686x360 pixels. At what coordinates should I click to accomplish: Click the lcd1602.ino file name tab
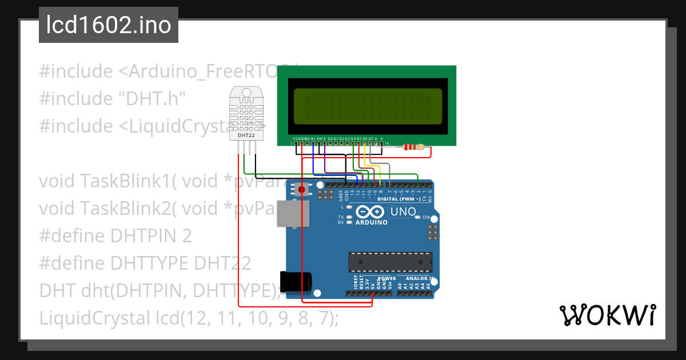109,25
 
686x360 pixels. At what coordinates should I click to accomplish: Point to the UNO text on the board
403,212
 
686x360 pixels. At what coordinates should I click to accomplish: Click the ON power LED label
426,218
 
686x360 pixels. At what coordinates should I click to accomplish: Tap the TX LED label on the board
341,217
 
